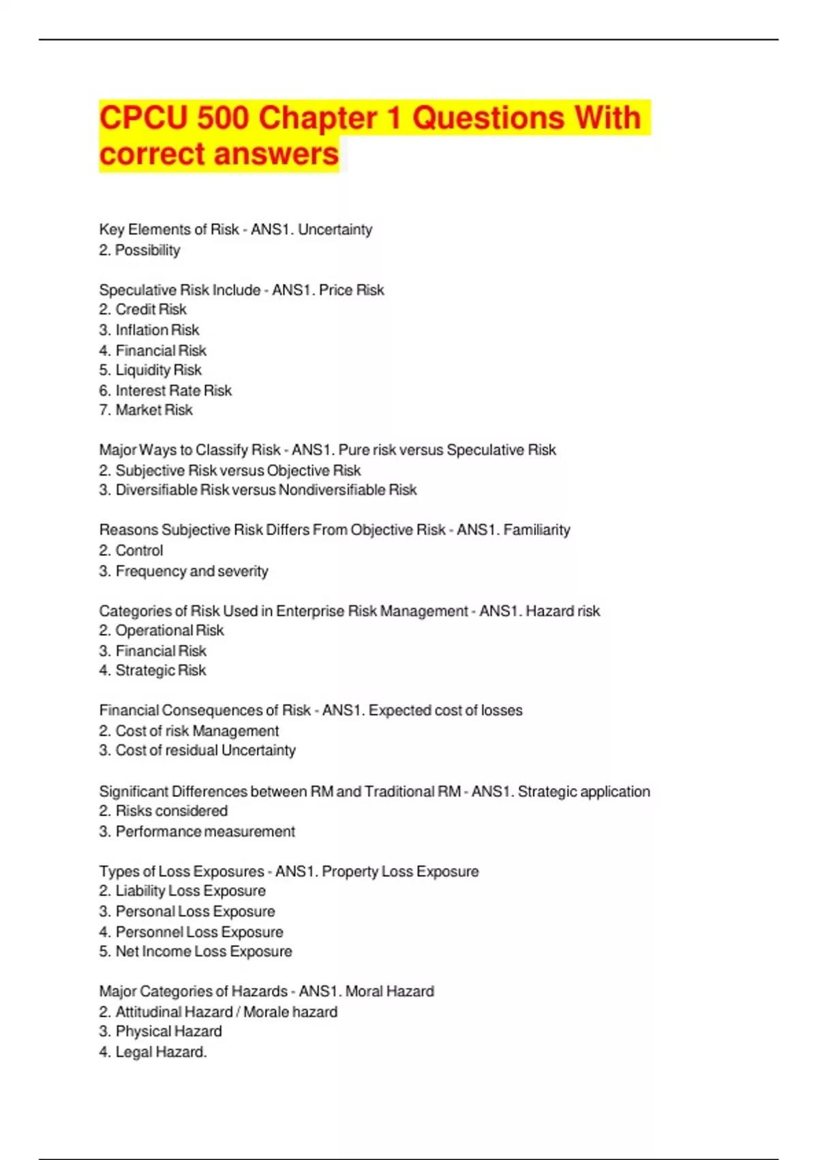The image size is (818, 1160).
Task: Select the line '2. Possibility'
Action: [140, 250]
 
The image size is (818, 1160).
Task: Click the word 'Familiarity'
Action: [536, 530]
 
